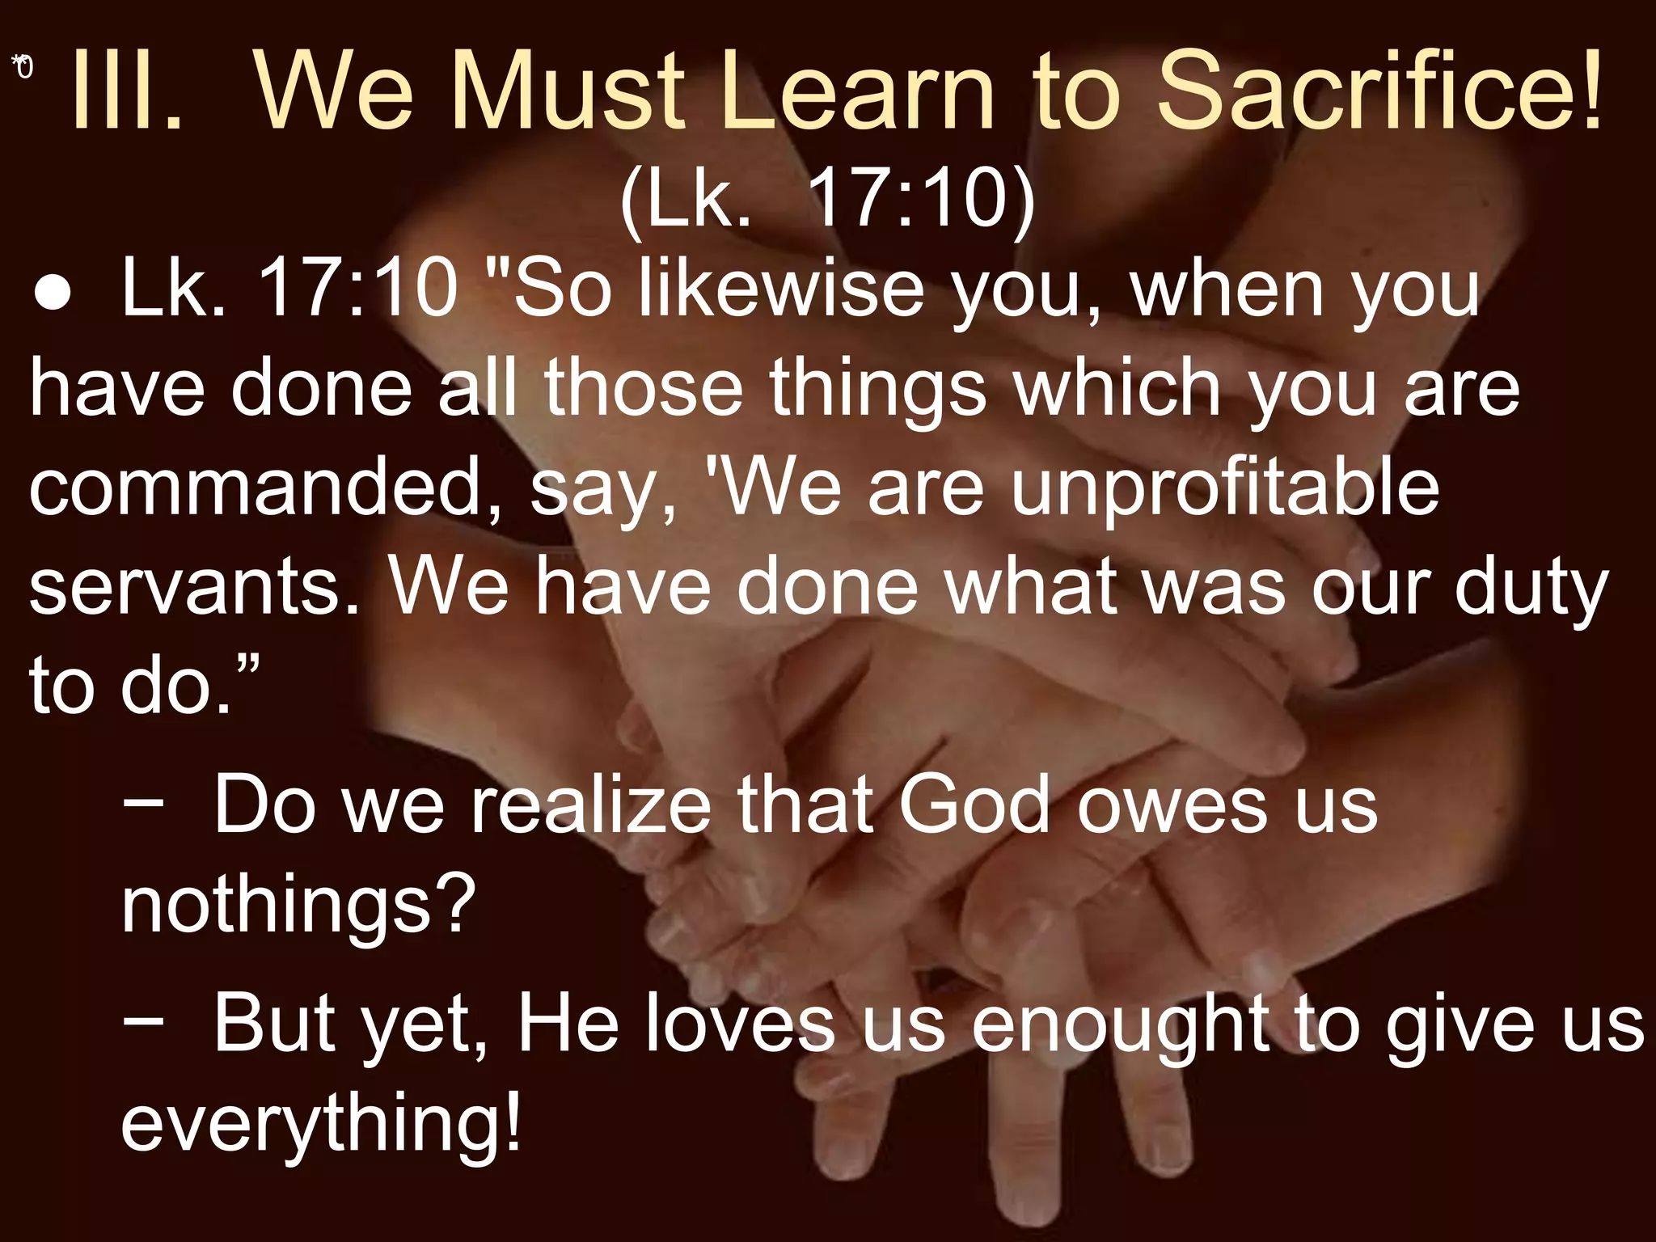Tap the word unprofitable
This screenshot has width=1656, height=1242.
1225,488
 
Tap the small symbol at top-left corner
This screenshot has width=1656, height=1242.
23,67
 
